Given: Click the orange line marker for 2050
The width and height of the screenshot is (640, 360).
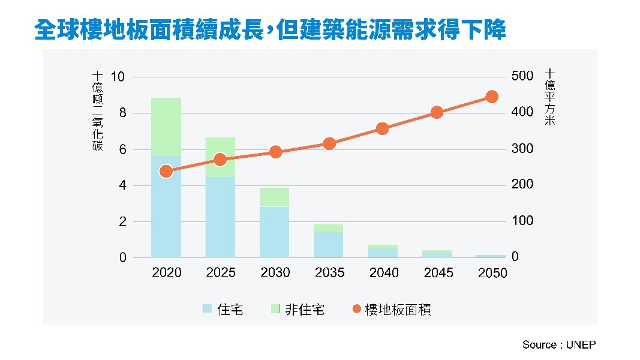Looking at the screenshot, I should (x=492, y=97).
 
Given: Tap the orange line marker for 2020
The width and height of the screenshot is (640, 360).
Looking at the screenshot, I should (x=166, y=172).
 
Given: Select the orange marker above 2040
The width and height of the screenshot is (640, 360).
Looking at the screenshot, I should (x=383, y=128).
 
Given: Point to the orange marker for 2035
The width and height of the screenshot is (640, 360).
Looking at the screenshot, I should (x=329, y=143).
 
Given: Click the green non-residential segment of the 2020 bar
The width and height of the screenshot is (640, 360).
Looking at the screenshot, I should (x=166, y=127).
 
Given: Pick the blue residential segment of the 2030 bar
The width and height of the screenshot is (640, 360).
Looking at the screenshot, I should (x=275, y=232).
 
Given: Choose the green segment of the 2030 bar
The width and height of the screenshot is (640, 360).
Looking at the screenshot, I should (x=275, y=197).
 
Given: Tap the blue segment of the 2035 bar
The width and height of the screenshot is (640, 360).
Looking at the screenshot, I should (x=329, y=245).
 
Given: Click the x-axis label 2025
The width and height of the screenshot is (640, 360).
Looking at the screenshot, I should (x=221, y=273).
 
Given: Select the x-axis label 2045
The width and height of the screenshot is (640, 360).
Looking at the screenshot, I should (x=438, y=273).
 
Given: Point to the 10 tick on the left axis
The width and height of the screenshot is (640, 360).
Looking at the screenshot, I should (x=118, y=77).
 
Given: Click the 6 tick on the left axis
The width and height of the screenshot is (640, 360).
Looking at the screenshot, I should (x=122, y=149).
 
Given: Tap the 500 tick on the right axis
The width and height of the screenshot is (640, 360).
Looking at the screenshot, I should (x=522, y=77).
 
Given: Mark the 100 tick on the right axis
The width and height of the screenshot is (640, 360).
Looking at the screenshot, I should (x=522, y=221).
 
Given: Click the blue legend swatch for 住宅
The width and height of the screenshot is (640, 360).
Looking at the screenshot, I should (x=208, y=309).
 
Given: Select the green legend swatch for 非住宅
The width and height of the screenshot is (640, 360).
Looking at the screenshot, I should (x=275, y=309).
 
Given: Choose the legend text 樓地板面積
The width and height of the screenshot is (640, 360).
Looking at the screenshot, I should (x=398, y=310).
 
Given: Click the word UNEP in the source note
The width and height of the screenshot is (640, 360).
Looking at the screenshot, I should (x=581, y=345).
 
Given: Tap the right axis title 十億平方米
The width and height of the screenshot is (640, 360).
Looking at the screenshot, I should (x=549, y=97).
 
